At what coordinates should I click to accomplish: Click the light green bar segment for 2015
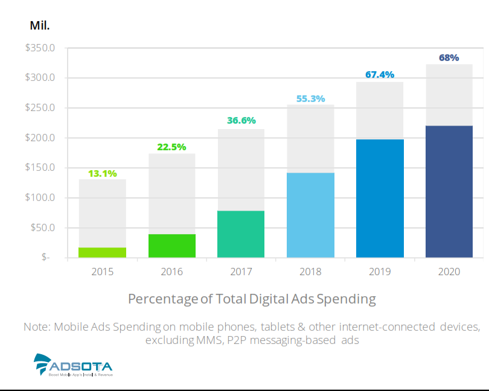tap(102, 252)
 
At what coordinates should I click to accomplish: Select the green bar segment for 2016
tap(171, 246)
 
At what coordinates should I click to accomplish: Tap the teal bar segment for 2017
tap(241, 234)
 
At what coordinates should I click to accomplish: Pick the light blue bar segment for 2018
tap(310, 215)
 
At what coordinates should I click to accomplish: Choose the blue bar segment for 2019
tap(380, 199)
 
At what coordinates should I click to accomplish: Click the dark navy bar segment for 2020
tap(449, 192)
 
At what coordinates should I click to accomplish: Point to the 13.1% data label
tap(102, 173)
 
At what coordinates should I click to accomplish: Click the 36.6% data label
tap(241, 120)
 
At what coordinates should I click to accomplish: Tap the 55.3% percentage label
tap(310, 98)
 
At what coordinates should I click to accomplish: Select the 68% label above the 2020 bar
tap(449, 58)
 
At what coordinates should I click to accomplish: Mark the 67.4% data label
tap(380, 75)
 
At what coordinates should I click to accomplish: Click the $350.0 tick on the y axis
tap(40, 48)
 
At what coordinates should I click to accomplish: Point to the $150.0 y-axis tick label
tap(40, 168)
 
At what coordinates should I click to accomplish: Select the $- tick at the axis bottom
tap(46, 257)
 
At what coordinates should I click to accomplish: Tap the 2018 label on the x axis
tap(310, 272)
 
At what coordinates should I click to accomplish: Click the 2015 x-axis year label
tap(102, 272)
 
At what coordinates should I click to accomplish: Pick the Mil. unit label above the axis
tap(40, 25)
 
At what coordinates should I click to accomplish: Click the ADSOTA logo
tap(73, 365)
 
